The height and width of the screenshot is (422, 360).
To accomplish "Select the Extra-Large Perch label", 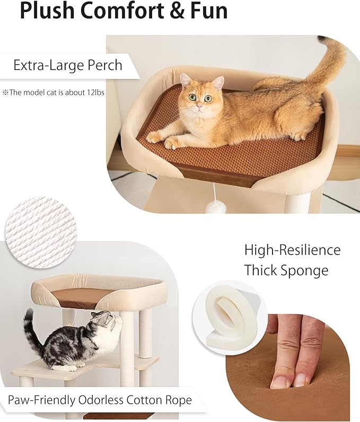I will [68, 66].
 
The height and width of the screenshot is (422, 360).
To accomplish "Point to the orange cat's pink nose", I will [198, 106].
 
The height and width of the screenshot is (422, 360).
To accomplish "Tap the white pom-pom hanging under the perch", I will [216, 207].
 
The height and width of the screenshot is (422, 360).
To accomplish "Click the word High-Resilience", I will [292, 250].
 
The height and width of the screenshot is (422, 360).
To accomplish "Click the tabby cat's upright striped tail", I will [30, 331].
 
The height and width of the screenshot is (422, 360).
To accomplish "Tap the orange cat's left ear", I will [186, 80].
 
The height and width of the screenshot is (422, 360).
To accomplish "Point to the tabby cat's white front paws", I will [66, 367].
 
